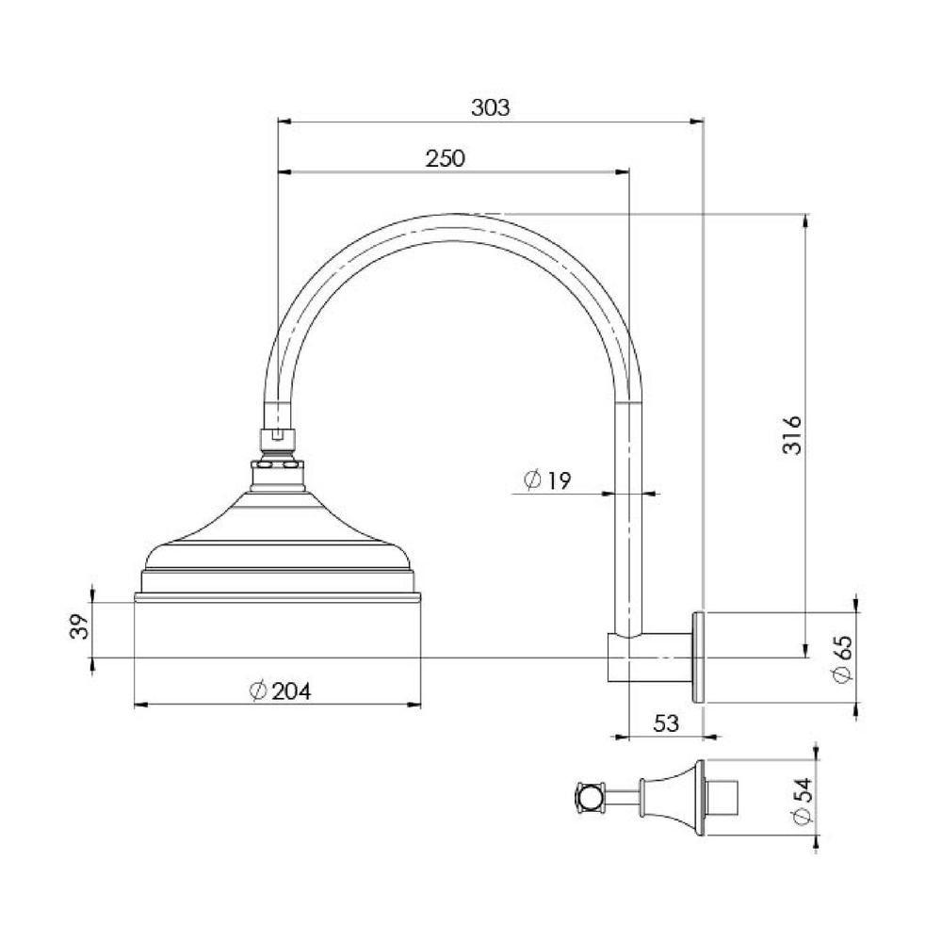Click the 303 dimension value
(x=490, y=107)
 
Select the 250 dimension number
(x=446, y=158)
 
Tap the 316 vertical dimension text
(x=792, y=434)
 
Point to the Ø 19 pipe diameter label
(x=547, y=480)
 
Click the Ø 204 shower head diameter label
(x=280, y=690)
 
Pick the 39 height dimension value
(x=80, y=626)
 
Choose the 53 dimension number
(x=666, y=723)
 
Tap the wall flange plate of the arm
(x=699, y=658)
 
